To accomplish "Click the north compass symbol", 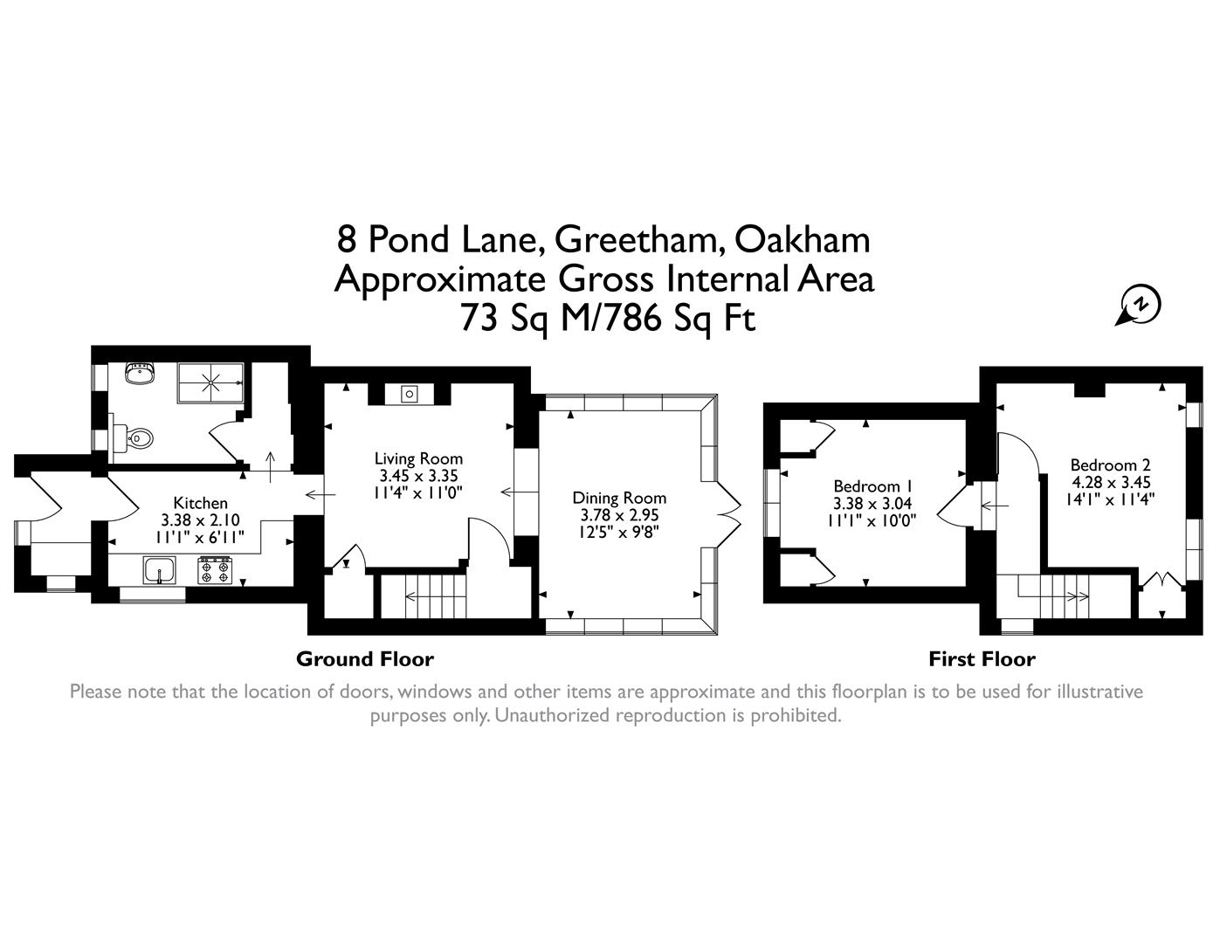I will click(1140, 305).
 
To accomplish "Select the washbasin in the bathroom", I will click(138, 374).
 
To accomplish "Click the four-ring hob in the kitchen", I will click(215, 572).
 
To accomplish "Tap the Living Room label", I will click(418, 458).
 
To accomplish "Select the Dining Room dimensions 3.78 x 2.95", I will click(619, 515).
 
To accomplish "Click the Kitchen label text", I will click(200, 503).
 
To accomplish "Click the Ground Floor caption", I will click(364, 659).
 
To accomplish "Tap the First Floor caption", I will click(982, 659).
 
